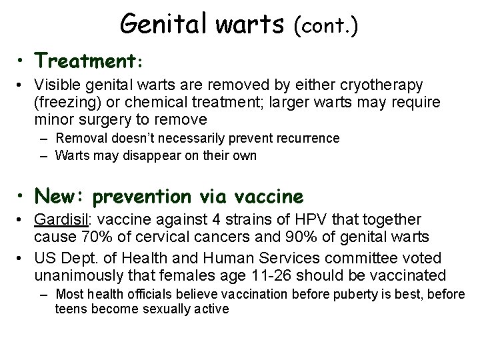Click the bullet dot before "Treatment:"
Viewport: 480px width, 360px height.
23,61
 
